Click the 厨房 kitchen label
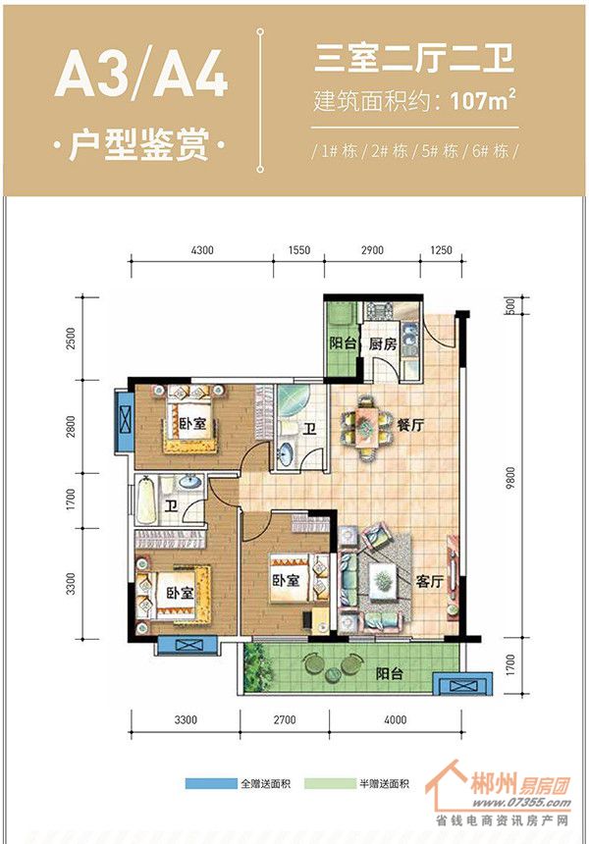click(x=383, y=343)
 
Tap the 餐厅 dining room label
click(x=410, y=425)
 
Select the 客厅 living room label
click(x=429, y=581)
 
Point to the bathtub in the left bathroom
click(x=146, y=501)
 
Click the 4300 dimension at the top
click(x=202, y=249)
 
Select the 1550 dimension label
click(x=299, y=249)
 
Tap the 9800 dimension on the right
click(x=510, y=478)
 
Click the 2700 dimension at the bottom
click(x=285, y=719)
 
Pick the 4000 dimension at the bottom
click(x=396, y=719)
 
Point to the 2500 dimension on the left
click(x=72, y=339)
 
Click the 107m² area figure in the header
click(x=482, y=99)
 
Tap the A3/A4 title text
click(x=141, y=77)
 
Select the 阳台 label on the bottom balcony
click(x=390, y=673)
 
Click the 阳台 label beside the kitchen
click(x=343, y=343)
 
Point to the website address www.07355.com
click(x=521, y=803)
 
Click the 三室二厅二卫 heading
click(x=414, y=59)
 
